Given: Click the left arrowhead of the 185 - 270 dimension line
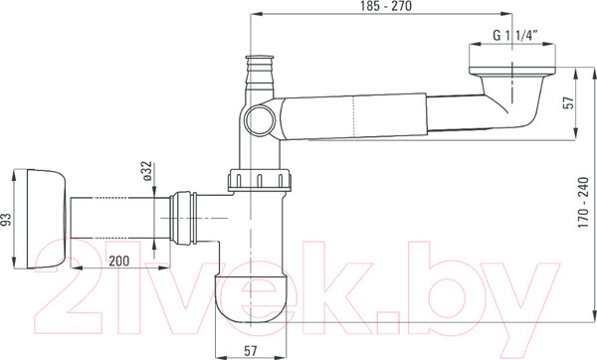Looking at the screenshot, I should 251,15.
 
